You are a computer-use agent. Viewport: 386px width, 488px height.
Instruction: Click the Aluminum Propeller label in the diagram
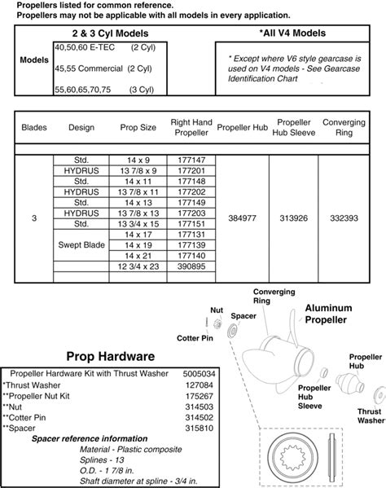tap(328, 314)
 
